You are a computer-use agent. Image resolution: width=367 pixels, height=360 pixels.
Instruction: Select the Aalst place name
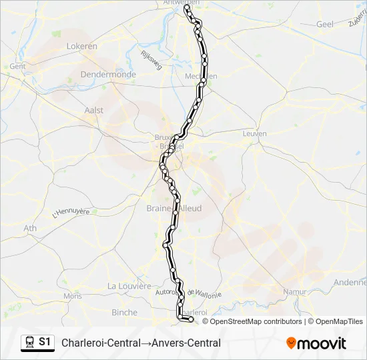(x=94, y=110)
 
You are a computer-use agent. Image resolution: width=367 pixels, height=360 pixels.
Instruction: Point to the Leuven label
(x=255, y=133)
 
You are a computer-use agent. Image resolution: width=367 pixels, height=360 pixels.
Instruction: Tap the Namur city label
(x=294, y=292)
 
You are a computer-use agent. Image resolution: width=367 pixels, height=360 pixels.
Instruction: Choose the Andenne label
(x=350, y=283)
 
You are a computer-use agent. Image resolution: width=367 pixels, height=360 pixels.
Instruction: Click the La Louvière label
(x=129, y=286)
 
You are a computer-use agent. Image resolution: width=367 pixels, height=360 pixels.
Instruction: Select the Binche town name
(x=124, y=312)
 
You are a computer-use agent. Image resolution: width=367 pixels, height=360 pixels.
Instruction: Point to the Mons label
(x=72, y=296)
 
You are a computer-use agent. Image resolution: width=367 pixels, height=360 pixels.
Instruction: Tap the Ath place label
(x=31, y=228)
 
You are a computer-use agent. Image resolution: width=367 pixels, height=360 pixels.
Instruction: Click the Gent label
(x=17, y=67)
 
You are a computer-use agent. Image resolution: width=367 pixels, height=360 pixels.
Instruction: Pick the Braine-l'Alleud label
(x=173, y=209)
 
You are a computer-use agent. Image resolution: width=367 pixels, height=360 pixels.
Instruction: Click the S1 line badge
(x=45, y=342)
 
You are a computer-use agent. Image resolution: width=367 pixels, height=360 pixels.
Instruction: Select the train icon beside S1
(x=29, y=343)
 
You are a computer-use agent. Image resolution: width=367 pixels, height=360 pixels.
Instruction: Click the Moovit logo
(x=316, y=343)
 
